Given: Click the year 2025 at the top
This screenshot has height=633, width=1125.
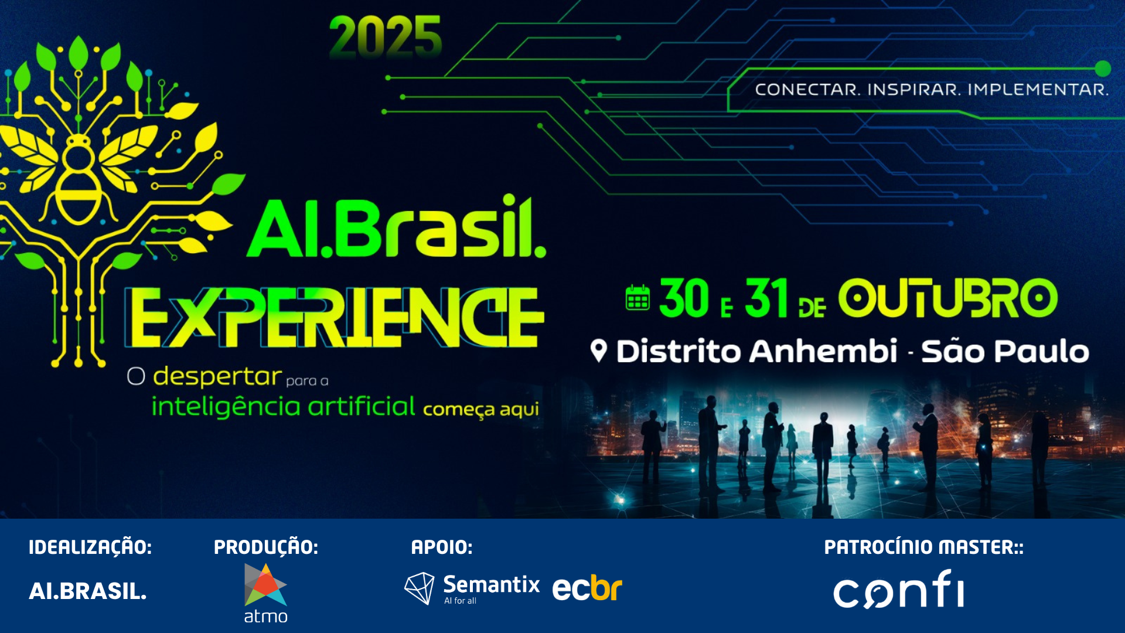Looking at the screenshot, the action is [x=385, y=37].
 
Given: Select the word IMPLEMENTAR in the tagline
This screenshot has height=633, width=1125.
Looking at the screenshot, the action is [x=1038, y=90].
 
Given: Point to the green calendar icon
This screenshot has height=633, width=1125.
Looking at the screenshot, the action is [x=637, y=297].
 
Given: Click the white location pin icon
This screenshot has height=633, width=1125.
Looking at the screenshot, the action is [x=598, y=351].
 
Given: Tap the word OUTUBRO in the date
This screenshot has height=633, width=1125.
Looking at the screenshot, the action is [x=947, y=298].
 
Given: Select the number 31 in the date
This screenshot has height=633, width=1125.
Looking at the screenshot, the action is [x=766, y=298].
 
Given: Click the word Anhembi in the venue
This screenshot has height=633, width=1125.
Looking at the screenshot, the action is [x=823, y=351].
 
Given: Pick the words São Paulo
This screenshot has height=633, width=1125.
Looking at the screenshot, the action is [x=1005, y=351].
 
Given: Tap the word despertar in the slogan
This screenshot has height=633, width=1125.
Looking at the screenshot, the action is [x=217, y=377].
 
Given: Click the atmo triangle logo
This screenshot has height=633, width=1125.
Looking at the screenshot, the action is [x=265, y=584].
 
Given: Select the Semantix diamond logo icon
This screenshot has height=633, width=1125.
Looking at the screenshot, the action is [x=420, y=588].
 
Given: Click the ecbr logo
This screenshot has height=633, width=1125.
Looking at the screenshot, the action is [x=587, y=588].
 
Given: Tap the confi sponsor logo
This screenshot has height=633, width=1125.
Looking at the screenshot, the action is [x=899, y=589].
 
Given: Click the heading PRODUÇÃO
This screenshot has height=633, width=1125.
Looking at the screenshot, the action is [x=266, y=547].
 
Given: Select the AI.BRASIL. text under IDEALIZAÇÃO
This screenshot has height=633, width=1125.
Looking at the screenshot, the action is [x=88, y=591].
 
